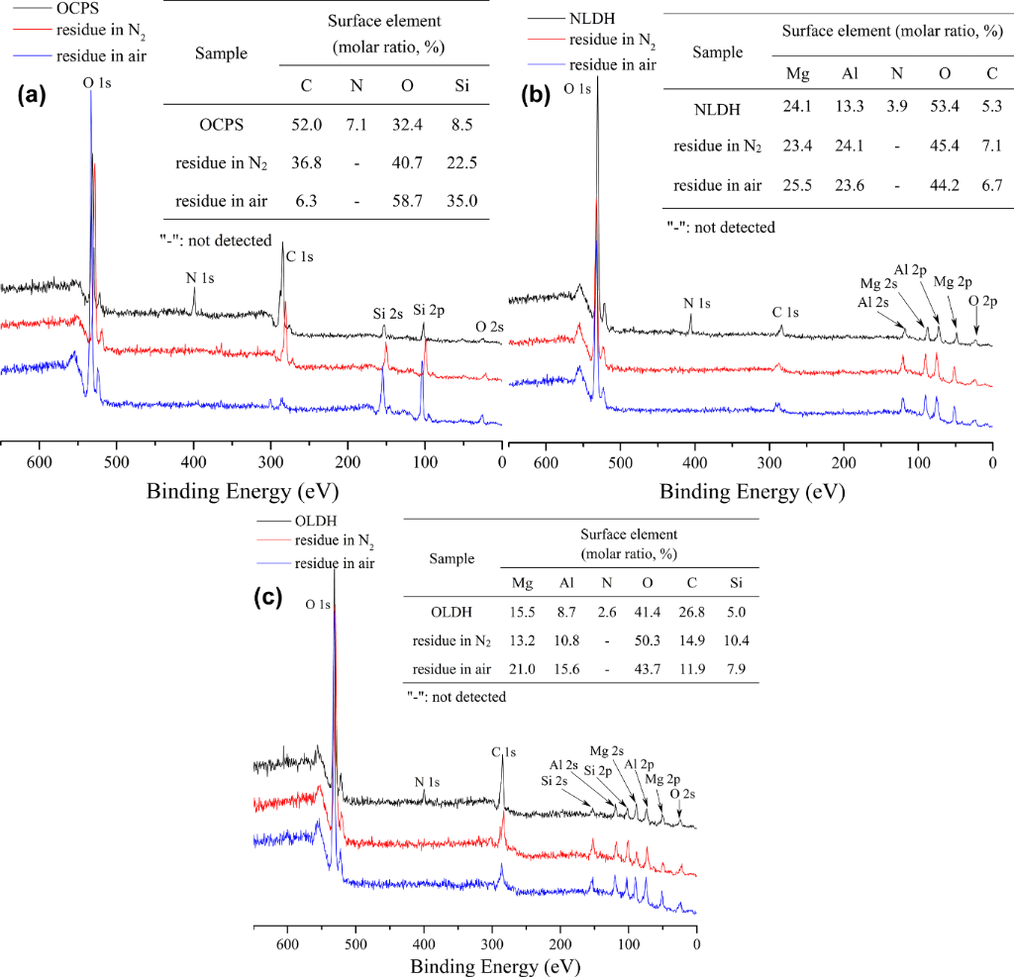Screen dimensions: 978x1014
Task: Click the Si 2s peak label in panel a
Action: [x=387, y=314]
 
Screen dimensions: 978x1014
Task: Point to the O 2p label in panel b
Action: [x=978, y=300]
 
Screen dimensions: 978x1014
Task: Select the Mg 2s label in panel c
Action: [x=606, y=750]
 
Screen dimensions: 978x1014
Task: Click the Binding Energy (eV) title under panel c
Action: [x=482, y=963]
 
